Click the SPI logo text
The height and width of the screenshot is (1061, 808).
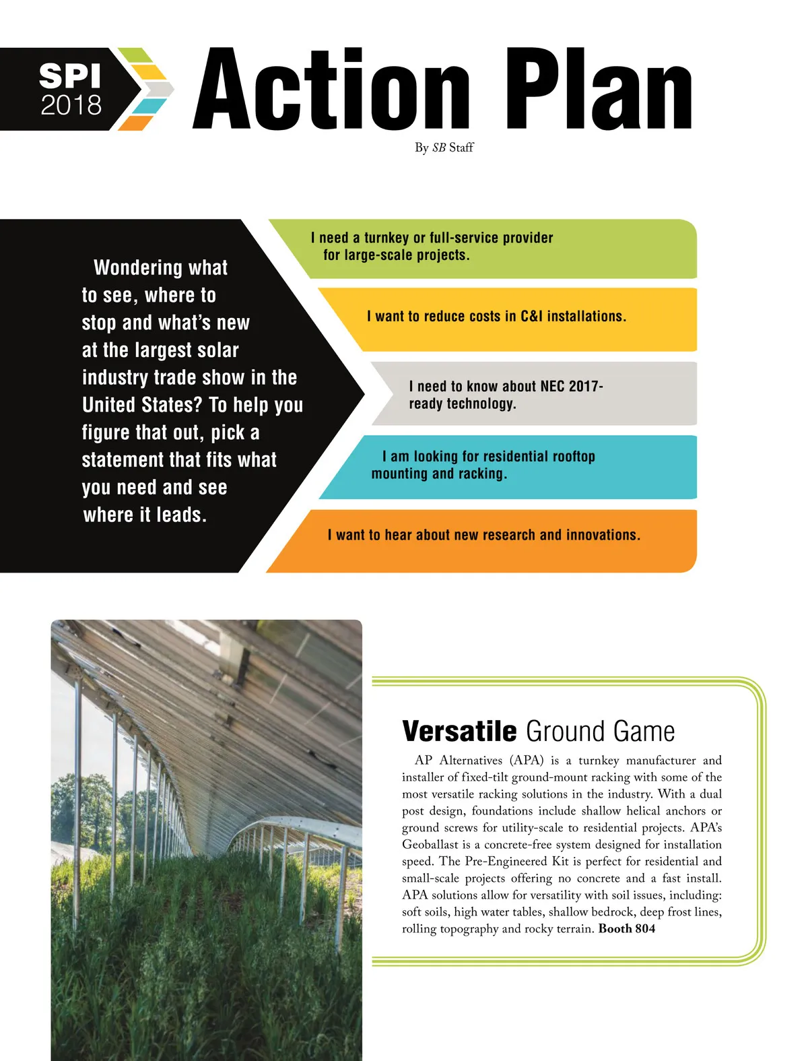coord(70,75)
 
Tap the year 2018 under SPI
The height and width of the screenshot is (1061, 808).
coord(71,105)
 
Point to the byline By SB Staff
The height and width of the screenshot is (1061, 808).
coord(444,148)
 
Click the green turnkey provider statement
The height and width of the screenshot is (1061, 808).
coord(431,247)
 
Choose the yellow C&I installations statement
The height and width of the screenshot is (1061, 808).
coord(496,317)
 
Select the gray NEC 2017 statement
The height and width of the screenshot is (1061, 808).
coord(505,395)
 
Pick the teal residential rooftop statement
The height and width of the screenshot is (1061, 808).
coord(483,465)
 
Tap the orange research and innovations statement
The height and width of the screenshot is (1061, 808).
coord(483,536)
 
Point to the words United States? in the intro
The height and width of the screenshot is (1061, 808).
coord(141,405)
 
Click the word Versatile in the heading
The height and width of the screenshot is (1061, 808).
coord(459,732)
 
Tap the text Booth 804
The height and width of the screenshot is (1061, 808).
coord(626,929)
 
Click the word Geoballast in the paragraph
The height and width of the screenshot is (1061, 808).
coord(430,845)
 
